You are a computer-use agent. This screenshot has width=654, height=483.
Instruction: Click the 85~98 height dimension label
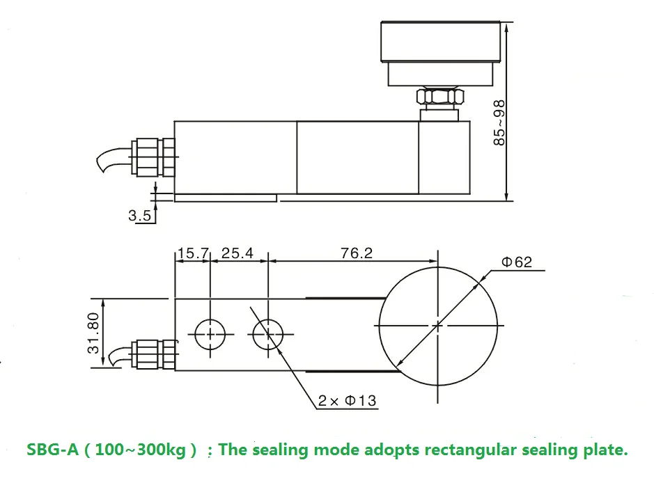tap(499, 123)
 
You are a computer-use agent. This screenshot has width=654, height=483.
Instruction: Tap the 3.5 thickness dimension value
tap(139, 216)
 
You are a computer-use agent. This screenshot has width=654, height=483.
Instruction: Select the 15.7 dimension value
tap(192, 253)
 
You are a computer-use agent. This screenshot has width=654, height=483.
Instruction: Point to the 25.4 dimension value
tap(238, 253)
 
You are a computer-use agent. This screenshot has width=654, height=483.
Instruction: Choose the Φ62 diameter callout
tap(516, 262)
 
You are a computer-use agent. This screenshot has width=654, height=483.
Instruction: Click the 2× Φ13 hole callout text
tap(347, 400)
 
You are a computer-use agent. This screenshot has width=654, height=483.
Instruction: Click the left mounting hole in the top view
tap(210, 335)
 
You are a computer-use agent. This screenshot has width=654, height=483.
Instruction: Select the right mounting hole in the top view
tap(267, 335)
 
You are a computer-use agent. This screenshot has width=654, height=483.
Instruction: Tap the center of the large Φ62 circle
tap(437, 325)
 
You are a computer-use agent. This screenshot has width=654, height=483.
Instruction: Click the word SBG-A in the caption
tap(51, 450)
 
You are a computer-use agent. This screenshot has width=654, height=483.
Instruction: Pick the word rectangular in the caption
tap(469, 450)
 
